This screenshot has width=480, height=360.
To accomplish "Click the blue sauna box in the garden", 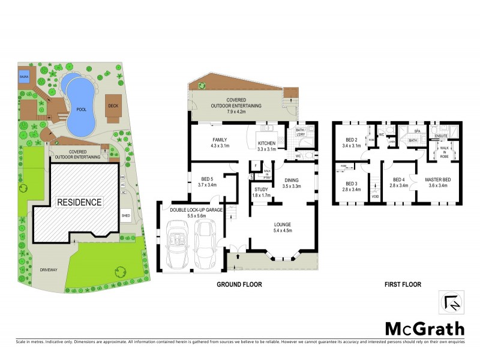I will coord(25,77).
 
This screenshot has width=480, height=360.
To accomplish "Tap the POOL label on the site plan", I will coord(80,110).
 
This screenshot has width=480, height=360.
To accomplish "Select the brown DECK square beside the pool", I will coord(113,105).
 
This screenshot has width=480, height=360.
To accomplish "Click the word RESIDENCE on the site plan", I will coord(79,202).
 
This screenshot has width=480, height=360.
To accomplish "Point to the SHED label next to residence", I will coord(125,215).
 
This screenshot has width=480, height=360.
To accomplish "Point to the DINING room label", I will coord(292,179).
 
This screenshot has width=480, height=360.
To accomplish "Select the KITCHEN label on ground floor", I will coord(266,143).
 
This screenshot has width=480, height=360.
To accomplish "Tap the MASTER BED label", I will coord(437,179).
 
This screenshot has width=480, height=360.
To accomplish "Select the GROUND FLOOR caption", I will coord(240,284).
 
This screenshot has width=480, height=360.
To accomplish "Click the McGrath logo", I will coord(424,328).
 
